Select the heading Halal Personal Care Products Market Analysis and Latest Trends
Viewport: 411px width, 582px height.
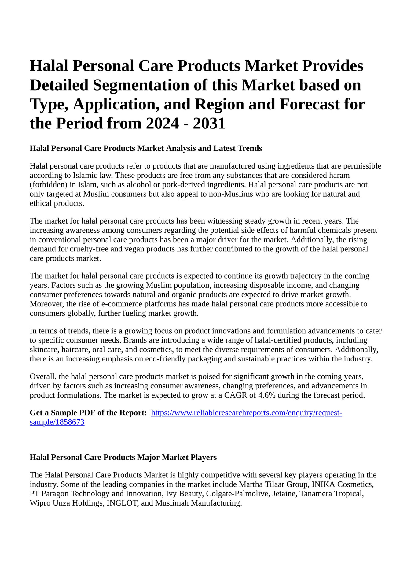(146, 148)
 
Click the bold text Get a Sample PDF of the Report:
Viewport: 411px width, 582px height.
(88, 413)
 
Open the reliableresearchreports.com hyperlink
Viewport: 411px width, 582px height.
(246, 413)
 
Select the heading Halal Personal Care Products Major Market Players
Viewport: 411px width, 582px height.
(123, 457)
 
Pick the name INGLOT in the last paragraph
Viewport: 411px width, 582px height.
(122, 503)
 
